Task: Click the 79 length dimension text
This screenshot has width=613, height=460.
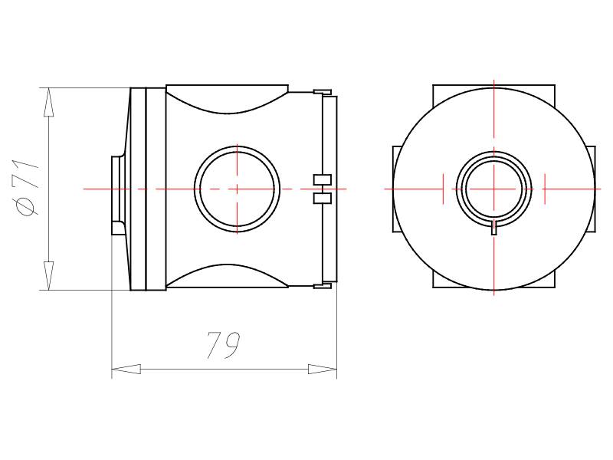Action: coord(224,345)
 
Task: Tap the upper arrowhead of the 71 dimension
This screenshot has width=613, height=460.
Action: coord(48,102)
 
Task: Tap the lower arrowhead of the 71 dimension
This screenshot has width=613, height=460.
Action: coord(48,276)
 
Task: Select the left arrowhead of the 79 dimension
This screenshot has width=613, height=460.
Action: coord(126,369)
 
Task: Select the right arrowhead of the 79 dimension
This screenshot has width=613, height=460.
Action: coord(323,369)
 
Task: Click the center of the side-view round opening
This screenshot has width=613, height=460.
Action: coord(237,189)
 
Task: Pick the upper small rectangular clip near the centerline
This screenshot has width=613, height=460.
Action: coord(323,179)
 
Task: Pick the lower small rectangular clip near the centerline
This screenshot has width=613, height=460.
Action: coord(323,198)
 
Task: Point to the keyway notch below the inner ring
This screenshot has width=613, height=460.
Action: coord(494,228)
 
